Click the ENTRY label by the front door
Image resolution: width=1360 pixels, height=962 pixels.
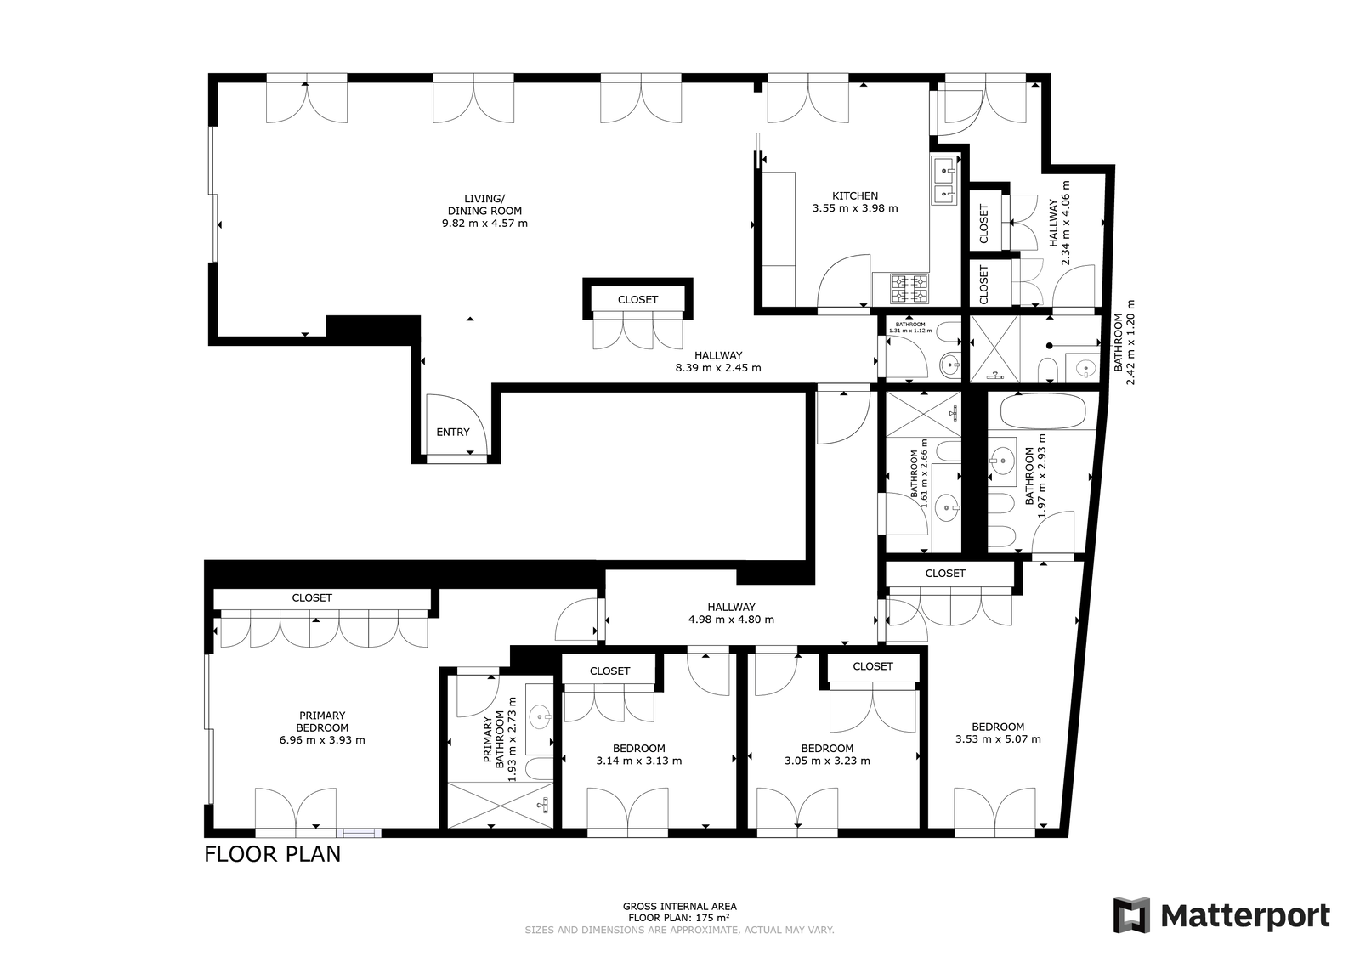pos(453,433)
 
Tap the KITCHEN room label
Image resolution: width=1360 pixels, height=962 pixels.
pos(855,196)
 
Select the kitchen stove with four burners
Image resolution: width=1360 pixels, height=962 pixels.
pos(909,288)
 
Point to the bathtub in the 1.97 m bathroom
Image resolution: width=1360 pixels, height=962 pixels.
pos(1043,411)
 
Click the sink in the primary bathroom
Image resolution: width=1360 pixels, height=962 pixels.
pos(540,718)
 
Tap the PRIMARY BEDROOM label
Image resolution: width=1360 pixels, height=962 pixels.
pos(322,721)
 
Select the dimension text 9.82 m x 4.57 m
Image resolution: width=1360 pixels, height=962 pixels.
pos(484,224)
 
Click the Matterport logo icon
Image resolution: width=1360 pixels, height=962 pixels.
pos(1131,914)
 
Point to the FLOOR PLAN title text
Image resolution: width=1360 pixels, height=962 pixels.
pos(273,854)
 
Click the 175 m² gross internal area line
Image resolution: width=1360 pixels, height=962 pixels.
pos(679,918)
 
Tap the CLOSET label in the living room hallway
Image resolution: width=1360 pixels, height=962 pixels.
pos(637,300)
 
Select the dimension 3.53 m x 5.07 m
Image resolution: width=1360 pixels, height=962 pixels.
pos(998,739)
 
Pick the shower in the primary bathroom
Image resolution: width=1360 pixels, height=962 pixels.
pos(501,805)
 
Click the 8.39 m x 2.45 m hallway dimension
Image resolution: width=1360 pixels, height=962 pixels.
pos(718,368)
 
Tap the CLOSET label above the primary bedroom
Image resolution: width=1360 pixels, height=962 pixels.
pos(312,597)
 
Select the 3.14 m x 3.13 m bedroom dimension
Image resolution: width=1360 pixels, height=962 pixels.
pos(638,761)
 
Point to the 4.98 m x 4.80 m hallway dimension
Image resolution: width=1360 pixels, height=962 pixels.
pos(731,620)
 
